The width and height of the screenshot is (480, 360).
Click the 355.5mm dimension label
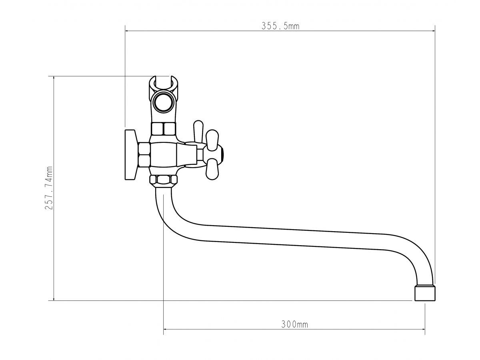click(x=280, y=26)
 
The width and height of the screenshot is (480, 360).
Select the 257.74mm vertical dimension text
click(x=49, y=188)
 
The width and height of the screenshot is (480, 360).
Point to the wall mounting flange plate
click(x=131, y=155)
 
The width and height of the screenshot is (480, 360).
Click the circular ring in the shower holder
click(x=163, y=102)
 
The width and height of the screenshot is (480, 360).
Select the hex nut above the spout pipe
click(x=163, y=180)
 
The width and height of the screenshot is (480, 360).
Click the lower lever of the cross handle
click(x=212, y=169)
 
